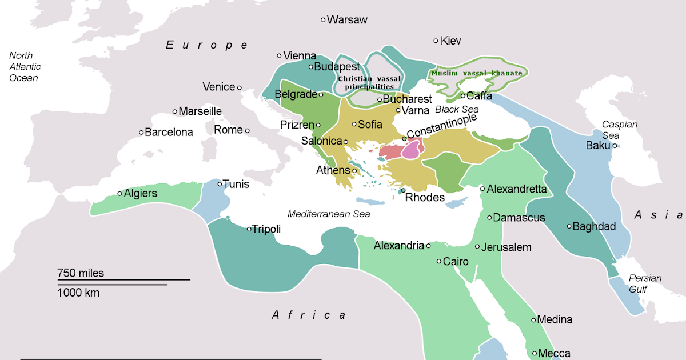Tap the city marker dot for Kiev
[x=436, y=41]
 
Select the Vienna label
[x=300, y=56]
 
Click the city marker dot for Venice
[x=240, y=87]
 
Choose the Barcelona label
[x=169, y=133]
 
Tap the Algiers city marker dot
[x=119, y=194]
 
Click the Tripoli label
[x=266, y=229]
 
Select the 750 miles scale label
[x=81, y=273]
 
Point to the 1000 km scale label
[x=78, y=293]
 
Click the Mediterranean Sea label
[x=329, y=214]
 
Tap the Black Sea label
[x=457, y=109]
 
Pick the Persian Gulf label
[x=645, y=284]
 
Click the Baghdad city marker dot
[x=569, y=226]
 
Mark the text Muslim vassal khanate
[x=477, y=73]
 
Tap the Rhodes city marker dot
[x=403, y=190]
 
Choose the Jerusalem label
[x=506, y=247]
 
